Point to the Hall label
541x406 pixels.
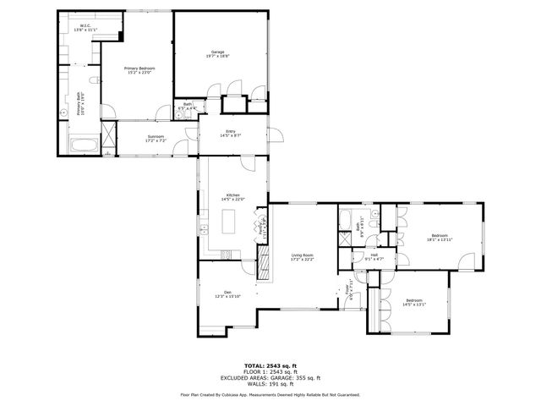pyautogui.click(x=373, y=256)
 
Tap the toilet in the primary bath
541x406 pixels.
pyautogui.click(x=99, y=80)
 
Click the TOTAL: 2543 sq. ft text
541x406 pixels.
pyautogui.click(x=270, y=365)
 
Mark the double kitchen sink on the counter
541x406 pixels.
pyautogui.click(x=204, y=230)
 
